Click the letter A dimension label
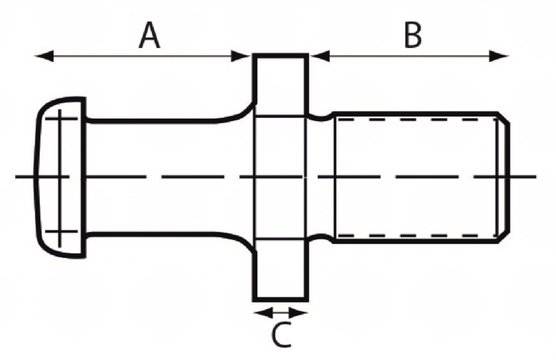[x=149, y=35]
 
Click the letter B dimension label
[x=413, y=35]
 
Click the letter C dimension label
[x=281, y=334]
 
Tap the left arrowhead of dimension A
[x=44, y=56]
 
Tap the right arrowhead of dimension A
[x=240, y=56]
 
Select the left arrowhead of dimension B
[x=320, y=56]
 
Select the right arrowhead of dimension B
[x=499, y=56]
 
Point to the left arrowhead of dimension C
[x=263, y=313]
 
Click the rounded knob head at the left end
[x=61, y=177]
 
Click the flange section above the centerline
[x=280, y=85]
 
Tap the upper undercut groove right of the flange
[x=321, y=118]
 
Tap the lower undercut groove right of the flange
[x=321, y=238]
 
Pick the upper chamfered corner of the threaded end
[x=503, y=118]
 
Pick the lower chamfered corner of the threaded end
[x=503, y=237]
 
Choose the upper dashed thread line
[x=417, y=119]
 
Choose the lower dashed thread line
[x=417, y=235]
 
